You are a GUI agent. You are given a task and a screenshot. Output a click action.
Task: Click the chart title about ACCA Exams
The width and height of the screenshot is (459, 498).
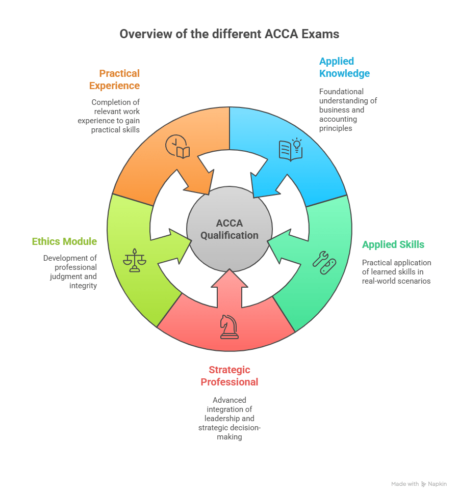tap(229, 34)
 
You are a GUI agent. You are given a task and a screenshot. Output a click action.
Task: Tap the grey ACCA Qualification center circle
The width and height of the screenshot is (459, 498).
tap(229, 229)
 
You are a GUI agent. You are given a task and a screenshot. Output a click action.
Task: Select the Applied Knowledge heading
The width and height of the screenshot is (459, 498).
tap(344, 67)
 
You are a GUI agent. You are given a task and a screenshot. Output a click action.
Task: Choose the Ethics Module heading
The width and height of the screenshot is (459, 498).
tap(64, 241)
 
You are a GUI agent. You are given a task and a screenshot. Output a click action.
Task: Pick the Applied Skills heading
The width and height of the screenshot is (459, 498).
tap(393, 244)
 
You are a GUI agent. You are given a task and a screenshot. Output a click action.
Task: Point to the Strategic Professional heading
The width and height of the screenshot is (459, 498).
tap(229, 376)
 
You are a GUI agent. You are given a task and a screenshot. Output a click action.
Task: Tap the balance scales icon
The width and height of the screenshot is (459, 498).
tap(135, 260)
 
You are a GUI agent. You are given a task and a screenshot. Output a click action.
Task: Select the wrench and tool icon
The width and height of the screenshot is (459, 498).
tap(324, 263)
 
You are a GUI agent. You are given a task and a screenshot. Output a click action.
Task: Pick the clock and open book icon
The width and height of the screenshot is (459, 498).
tap(177, 147)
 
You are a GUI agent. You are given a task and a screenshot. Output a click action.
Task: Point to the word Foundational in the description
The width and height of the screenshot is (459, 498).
tap(341, 92)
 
